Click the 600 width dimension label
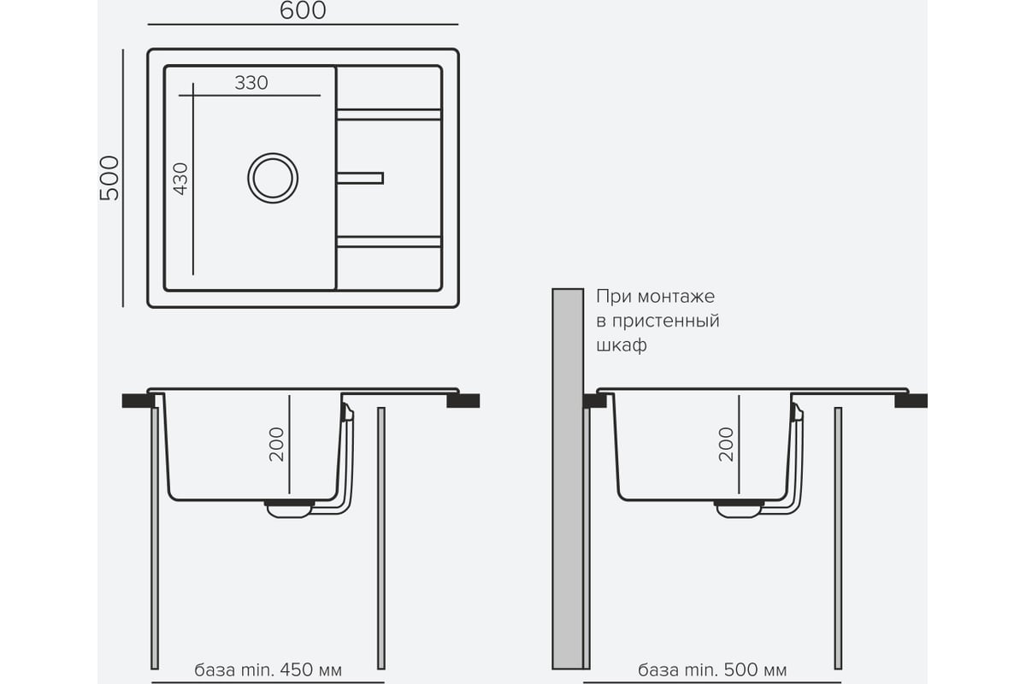(303, 10)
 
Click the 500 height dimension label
(109, 178)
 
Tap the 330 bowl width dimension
(251, 83)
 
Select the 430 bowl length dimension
(180, 180)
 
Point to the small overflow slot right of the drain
(360, 178)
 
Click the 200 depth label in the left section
(277, 445)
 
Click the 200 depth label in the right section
(726, 445)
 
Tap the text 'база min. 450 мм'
(268, 669)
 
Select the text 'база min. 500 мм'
(712, 669)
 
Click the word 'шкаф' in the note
(622, 345)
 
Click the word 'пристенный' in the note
(666, 321)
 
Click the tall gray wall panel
(568, 479)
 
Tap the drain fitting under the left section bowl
(290, 509)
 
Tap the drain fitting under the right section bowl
(739, 509)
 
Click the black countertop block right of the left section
(463, 400)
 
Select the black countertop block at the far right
(911, 400)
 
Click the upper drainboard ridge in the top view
(389, 115)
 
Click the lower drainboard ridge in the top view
(389, 242)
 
